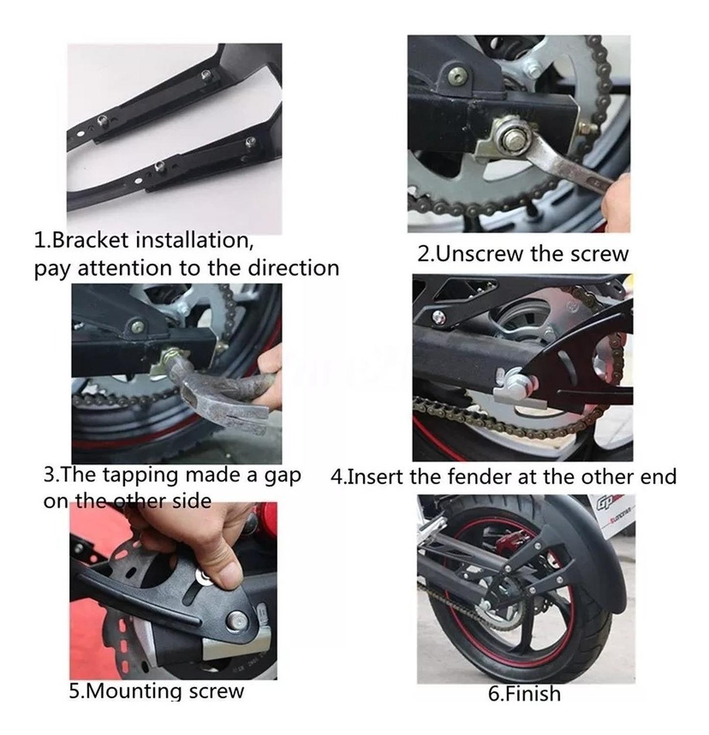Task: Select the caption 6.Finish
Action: (524, 694)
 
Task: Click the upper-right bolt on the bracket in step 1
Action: (205, 74)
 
